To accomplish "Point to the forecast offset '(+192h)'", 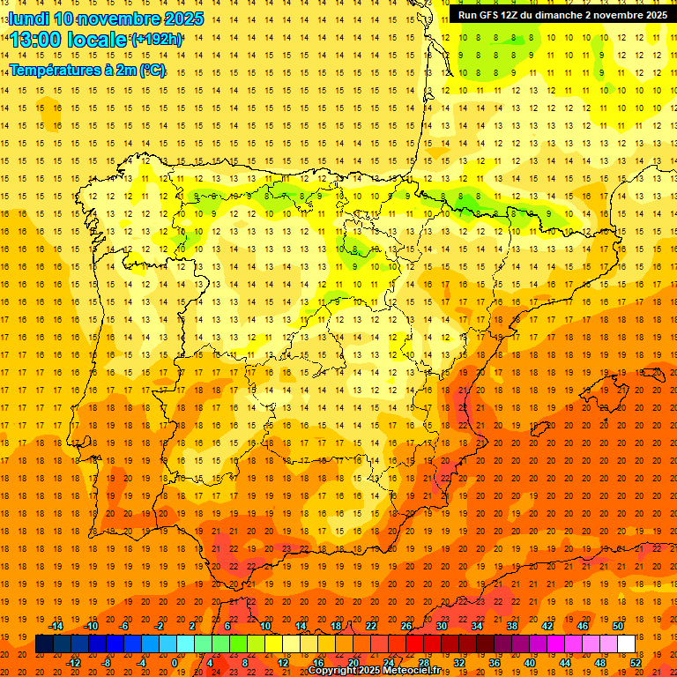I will click(157, 40).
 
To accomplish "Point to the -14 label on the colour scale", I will click(56, 626).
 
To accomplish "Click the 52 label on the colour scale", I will click(636, 662).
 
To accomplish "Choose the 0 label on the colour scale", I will click(175, 662).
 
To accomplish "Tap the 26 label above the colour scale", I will click(405, 626).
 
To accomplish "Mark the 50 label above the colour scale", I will click(617, 626).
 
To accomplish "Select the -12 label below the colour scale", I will click(73, 662).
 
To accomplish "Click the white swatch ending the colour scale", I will click(626, 644).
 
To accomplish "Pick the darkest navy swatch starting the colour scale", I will click(44, 644).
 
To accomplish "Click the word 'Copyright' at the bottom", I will click(332, 671).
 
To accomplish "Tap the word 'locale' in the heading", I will click(98, 40).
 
